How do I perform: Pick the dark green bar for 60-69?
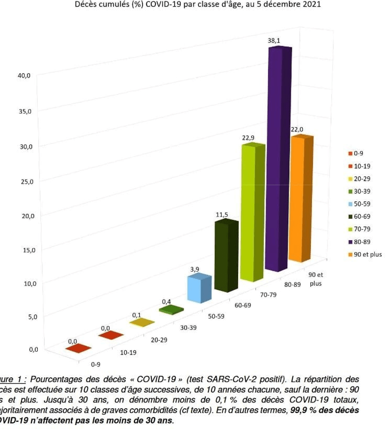pyautogui.click(x=225, y=255)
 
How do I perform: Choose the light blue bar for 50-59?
pyautogui.click(x=199, y=289)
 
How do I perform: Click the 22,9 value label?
pyautogui.click(x=249, y=138)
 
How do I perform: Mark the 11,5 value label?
pyautogui.click(x=222, y=215)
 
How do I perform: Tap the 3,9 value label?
pyautogui.click(x=194, y=269)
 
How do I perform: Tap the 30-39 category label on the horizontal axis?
pyautogui.click(x=189, y=328)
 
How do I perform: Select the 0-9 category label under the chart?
pyautogui.click(x=96, y=364)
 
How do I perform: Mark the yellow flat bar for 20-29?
pyautogui.click(x=142, y=322)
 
